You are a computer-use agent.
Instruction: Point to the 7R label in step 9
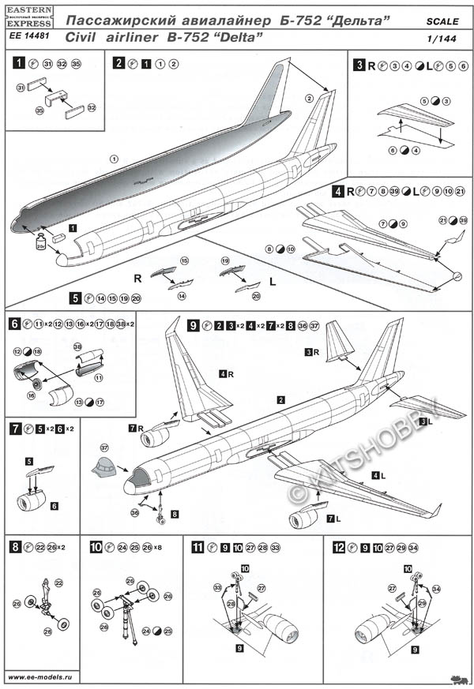pyautogui.click(x=135, y=427)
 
